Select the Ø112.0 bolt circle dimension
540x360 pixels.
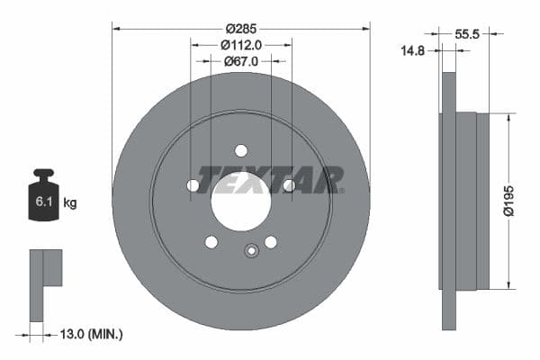(241, 43)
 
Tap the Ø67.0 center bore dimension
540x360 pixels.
(241, 61)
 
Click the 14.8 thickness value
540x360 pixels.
(412, 51)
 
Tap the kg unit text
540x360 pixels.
(70, 203)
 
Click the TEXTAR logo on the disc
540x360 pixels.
(270, 179)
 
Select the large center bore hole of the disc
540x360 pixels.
(240, 201)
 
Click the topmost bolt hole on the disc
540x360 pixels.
(240, 150)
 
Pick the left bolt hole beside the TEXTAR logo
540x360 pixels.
(193, 185)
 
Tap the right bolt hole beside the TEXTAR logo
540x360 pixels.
(289, 185)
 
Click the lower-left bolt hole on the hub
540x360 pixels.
(211, 241)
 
